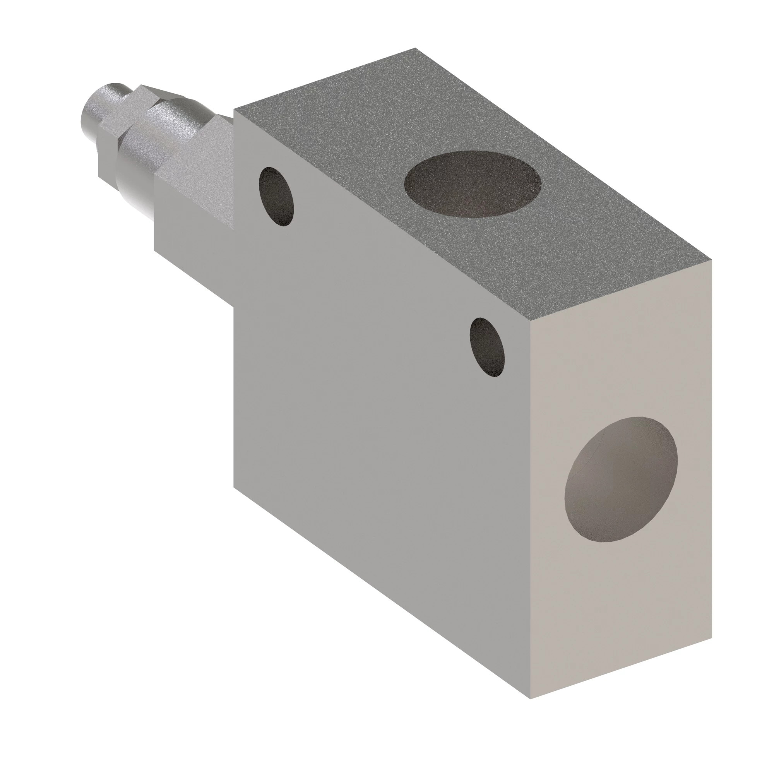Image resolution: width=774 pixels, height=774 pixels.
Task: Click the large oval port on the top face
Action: (473, 183)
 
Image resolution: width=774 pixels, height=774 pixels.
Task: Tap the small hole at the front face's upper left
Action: (276, 196)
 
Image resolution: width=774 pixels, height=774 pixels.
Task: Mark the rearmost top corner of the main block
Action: (415, 48)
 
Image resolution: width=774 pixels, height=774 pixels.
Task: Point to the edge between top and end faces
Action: (621, 291)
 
